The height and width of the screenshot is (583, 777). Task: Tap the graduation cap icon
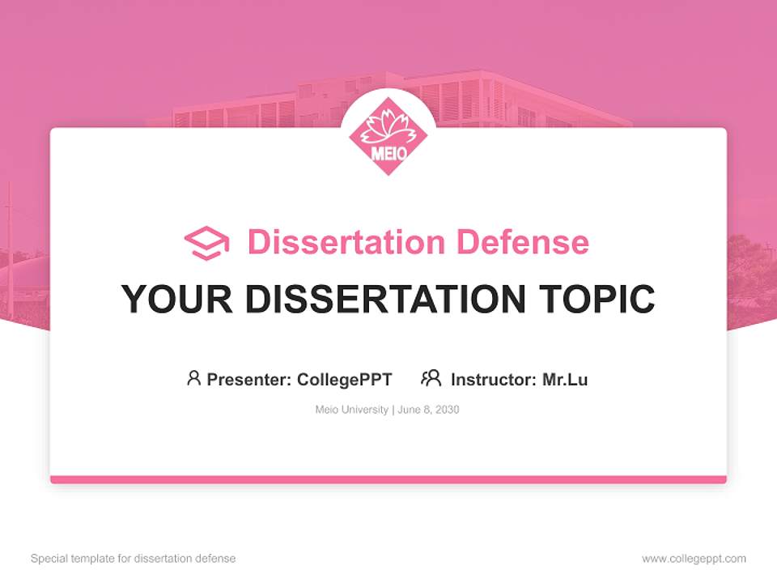206,243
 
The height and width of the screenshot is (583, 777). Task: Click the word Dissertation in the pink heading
346,242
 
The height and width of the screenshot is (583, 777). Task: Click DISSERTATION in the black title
385,300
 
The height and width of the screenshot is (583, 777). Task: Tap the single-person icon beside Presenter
193,378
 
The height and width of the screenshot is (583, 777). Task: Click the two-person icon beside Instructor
431,378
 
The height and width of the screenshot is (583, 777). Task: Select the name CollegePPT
345,379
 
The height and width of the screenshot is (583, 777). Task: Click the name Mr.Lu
565,379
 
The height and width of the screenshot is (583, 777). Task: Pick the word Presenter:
249,379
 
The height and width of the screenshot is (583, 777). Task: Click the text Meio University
351,410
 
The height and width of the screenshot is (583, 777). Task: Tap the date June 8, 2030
428,410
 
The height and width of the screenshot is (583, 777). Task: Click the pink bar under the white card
388,479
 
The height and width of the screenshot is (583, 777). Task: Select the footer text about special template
134,559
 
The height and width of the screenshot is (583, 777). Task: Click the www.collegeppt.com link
694,559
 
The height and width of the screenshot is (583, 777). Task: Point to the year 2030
446,410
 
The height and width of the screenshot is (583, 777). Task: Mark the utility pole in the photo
10,243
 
